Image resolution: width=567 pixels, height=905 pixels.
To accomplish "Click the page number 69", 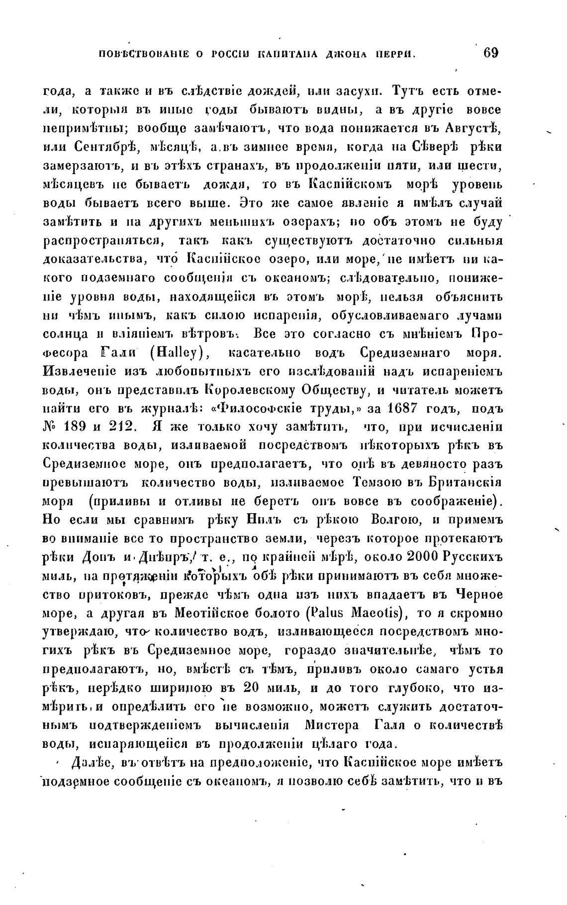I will pos(490,53).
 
